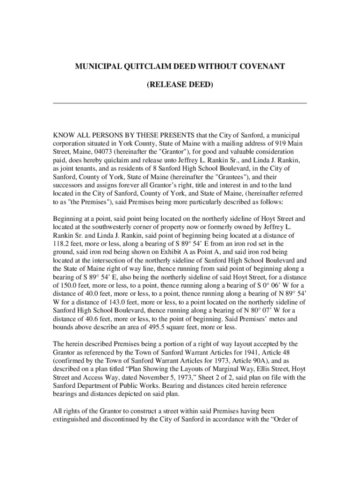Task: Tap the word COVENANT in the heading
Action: [260, 67]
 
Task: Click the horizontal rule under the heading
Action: [180, 103]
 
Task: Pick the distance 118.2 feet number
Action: [61, 244]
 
